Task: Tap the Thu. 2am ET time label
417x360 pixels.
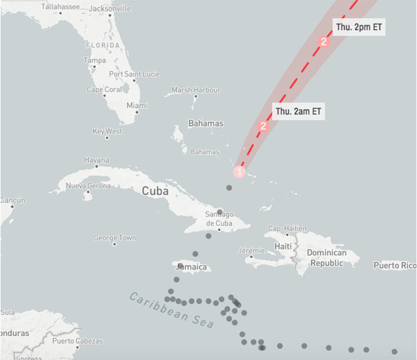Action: (x=298, y=111)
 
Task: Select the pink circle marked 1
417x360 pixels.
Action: (x=239, y=171)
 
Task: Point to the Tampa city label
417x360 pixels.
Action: (x=95, y=60)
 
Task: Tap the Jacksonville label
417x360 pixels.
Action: (x=110, y=9)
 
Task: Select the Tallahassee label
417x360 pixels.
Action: (x=60, y=7)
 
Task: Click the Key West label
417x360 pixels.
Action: (x=107, y=131)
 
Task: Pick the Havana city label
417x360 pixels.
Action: (x=96, y=160)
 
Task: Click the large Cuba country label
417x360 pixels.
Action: (x=155, y=191)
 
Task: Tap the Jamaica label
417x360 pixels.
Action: (x=192, y=267)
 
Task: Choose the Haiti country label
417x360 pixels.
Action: (x=282, y=246)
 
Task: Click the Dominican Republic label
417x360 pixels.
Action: (x=327, y=258)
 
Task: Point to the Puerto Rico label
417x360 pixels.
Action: (x=394, y=265)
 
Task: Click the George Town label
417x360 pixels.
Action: (x=115, y=238)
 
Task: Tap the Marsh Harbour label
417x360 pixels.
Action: (x=196, y=90)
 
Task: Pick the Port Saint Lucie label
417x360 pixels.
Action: (x=134, y=74)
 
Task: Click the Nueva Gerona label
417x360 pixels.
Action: (x=88, y=186)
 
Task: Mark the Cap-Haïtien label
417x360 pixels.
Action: (x=287, y=228)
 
